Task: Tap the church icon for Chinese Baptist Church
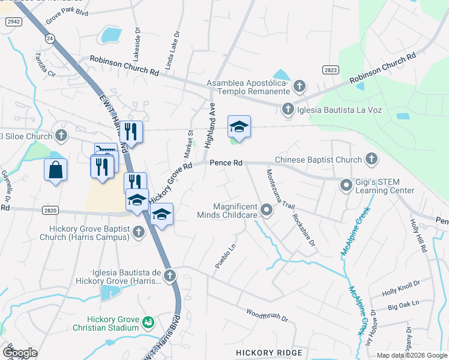(371, 160)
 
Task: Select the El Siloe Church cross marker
(61, 136)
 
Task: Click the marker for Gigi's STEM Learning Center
(346, 185)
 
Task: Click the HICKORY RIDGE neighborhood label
(269, 352)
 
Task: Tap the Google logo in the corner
(19, 352)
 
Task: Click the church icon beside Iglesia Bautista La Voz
(288, 109)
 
